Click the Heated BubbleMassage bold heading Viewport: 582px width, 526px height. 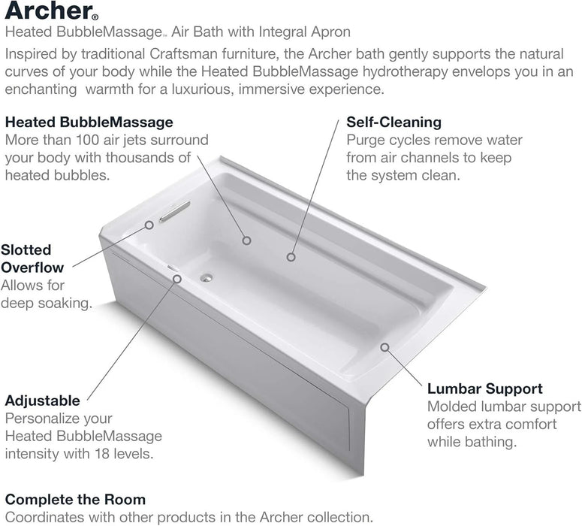click(x=89, y=122)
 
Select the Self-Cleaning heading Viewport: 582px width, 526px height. click(x=394, y=122)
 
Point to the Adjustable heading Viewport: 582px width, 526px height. click(x=42, y=400)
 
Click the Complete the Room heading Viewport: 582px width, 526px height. click(x=75, y=499)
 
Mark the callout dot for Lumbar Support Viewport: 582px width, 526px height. click(x=384, y=347)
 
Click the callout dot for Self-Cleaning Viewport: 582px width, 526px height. click(x=290, y=257)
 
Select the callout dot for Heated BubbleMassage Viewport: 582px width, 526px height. click(x=246, y=240)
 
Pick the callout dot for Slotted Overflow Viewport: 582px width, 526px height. click(x=149, y=224)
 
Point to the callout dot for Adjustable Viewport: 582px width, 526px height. click(x=177, y=277)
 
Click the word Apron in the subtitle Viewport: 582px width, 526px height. click(x=331, y=32)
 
